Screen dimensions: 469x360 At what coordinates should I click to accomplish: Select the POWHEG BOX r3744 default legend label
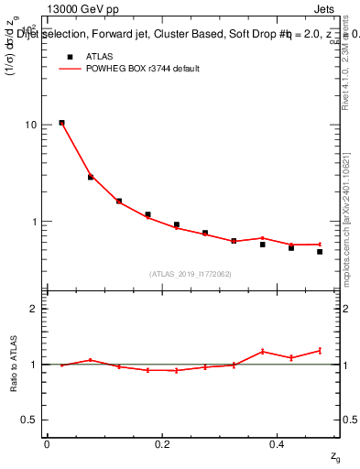[138, 69]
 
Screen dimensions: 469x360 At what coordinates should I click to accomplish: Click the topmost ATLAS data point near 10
[61, 123]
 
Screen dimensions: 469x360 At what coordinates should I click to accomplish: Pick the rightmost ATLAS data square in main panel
[320, 251]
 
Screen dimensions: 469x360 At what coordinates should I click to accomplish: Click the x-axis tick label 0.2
[161, 444]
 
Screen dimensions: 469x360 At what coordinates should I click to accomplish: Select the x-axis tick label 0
[47, 444]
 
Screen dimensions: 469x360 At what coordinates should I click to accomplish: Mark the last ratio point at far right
[320, 350]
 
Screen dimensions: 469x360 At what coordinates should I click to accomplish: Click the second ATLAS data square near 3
[91, 177]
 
